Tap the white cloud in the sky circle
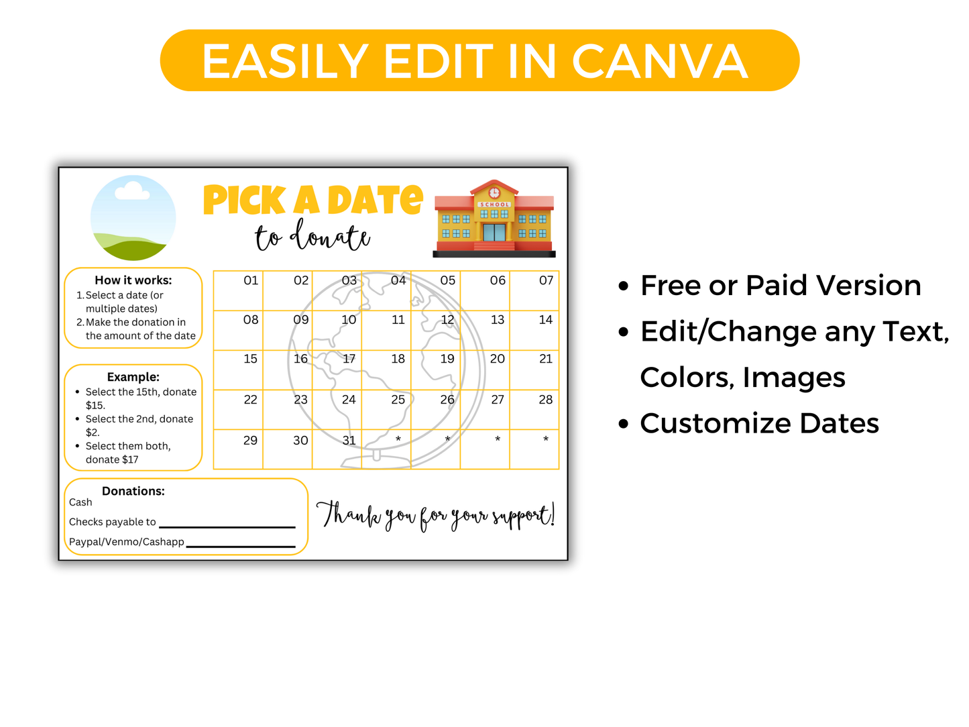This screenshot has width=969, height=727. (132, 192)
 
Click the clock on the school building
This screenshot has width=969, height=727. (494, 193)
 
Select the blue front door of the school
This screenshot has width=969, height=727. (494, 232)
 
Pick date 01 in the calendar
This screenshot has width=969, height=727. (251, 280)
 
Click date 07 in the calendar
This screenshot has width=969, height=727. (546, 280)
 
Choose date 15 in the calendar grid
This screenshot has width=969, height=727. (250, 359)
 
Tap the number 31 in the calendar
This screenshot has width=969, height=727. (349, 441)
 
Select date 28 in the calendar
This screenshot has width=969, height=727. (546, 400)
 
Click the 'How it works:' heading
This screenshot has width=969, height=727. (133, 280)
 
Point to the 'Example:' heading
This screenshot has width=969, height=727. (133, 377)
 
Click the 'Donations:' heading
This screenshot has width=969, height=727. (133, 491)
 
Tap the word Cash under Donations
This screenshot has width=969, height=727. (80, 502)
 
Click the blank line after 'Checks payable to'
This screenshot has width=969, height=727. (227, 526)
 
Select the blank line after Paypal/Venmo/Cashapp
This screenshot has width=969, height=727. (241, 546)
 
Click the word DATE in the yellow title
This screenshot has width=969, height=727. (376, 200)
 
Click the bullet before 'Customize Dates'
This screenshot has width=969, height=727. (624, 425)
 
